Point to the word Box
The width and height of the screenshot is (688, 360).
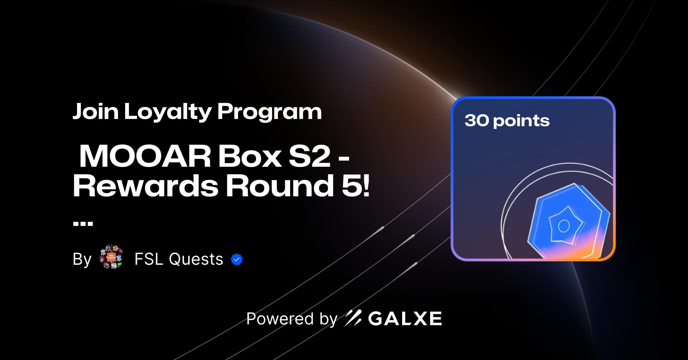pos(250,156)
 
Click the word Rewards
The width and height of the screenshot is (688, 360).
pos(146,186)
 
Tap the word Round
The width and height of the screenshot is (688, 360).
pos(279,186)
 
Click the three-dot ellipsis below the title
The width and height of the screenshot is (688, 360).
pos(83,224)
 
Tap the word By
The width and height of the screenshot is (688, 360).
pos(82,259)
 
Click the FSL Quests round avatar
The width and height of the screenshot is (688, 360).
pos(111,257)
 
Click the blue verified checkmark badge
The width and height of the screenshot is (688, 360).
pos(237,260)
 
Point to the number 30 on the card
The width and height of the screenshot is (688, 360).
pos(477,120)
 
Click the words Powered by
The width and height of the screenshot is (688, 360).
pos(292,319)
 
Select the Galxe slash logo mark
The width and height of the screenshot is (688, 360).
pos(353,318)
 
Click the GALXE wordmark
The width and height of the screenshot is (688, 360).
pos(405,319)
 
